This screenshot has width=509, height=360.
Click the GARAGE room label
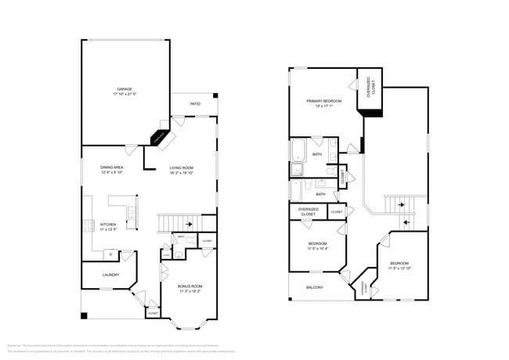125,89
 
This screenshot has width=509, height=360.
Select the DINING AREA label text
112,167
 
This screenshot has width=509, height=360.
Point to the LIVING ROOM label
182,168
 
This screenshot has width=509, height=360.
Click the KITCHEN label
108,225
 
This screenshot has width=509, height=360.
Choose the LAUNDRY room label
110,275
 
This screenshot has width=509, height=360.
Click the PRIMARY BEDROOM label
324,101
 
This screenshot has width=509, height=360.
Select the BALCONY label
313,287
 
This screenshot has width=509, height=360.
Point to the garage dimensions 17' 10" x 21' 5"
125,95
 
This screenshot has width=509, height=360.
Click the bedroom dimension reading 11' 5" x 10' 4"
317,249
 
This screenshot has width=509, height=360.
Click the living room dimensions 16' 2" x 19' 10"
182,174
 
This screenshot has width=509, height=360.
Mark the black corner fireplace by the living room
160,138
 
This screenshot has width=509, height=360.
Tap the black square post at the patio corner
215,97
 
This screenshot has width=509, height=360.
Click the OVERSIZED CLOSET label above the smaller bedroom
308,212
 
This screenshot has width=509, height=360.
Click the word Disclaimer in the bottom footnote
14,345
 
